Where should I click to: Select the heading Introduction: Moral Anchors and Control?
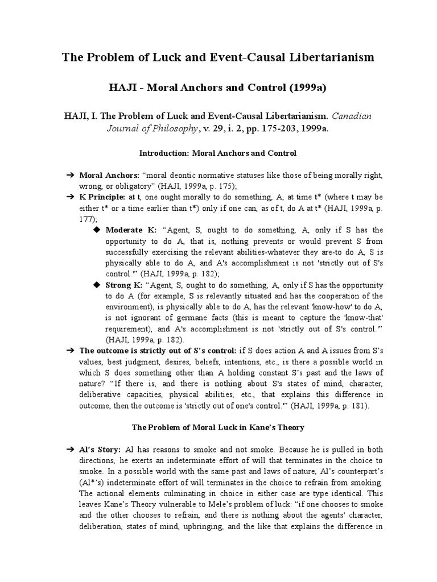click(x=218, y=153)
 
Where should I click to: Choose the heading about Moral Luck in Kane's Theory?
click(x=218, y=427)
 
